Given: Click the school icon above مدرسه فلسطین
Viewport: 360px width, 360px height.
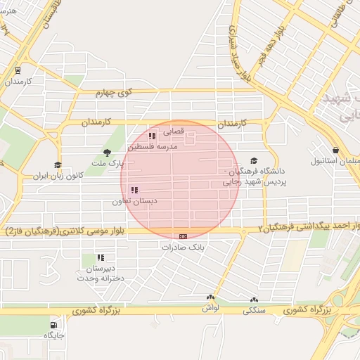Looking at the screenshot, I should [152, 136].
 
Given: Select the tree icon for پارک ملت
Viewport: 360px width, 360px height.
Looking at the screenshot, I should [107, 152].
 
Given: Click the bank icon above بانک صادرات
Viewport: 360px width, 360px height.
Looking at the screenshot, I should [184, 236].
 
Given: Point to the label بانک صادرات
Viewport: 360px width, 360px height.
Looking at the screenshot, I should [182, 247].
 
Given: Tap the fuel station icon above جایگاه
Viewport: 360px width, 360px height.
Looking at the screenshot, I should [54, 325].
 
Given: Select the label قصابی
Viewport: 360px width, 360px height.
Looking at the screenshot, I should [173, 131].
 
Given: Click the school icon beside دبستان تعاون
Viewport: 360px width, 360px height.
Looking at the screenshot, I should [134, 190].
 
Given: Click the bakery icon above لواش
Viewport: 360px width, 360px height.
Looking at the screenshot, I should [210, 298].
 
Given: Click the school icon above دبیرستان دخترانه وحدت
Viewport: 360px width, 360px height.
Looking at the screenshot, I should [101, 257].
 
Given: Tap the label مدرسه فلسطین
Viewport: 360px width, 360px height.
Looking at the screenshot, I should [156, 146].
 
